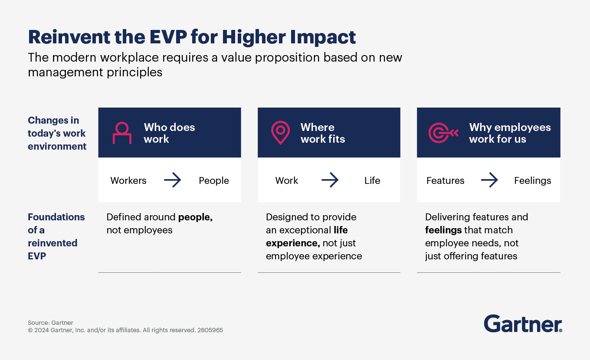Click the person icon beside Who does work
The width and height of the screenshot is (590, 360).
click(x=122, y=133)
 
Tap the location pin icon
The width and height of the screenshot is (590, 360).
click(x=280, y=132)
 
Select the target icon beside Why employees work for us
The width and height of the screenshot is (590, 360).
click(x=443, y=133)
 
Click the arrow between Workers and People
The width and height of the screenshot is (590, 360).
click(x=172, y=180)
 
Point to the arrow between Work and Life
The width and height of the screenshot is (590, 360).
click(x=330, y=180)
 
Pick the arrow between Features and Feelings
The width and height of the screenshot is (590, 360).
click(x=489, y=180)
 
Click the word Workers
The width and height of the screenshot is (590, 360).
click(x=128, y=180)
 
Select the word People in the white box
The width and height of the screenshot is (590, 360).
click(x=214, y=180)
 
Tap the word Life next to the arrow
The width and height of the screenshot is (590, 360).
click(x=372, y=180)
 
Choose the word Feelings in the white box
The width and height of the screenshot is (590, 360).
click(x=533, y=180)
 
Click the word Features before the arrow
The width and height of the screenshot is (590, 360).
click(x=445, y=180)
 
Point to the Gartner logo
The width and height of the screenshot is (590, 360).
click(x=523, y=324)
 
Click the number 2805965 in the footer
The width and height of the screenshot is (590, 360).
click(x=210, y=330)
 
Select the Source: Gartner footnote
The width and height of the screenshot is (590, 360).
click(x=50, y=323)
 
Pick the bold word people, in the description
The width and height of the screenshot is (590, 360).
click(x=195, y=217)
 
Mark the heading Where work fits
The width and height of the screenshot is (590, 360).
click(x=323, y=133)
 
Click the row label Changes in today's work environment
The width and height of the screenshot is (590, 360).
click(x=57, y=133)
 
